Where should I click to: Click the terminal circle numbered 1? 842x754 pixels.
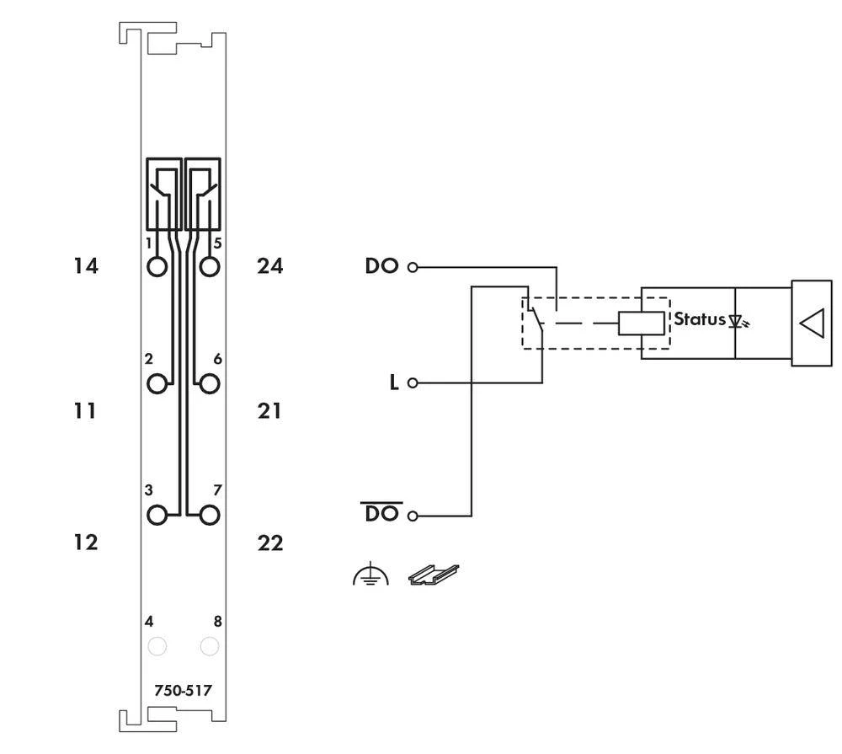tap(157, 267)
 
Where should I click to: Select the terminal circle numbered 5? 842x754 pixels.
tap(210, 267)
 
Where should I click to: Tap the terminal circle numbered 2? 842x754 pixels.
tap(157, 384)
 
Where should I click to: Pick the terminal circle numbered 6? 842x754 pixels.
tap(210, 384)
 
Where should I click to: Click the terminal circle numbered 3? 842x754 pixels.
tap(157, 514)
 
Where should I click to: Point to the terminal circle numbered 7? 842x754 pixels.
tap(210, 514)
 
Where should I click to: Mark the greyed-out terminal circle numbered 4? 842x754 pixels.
tap(157, 646)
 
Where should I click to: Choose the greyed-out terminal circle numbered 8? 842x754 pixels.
tap(210, 646)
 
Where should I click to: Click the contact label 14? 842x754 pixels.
tap(85, 266)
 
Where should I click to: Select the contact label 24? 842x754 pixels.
tap(270, 266)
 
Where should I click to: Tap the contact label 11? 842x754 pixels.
tap(85, 411)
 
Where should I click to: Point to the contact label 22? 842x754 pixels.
tap(270, 543)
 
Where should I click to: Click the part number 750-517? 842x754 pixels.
tap(183, 691)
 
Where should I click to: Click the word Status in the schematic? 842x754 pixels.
tap(699, 320)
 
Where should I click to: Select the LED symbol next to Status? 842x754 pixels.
tap(738, 322)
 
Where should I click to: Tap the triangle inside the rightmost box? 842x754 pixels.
tap(811, 324)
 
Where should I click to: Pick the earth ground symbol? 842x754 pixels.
tap(370, 576)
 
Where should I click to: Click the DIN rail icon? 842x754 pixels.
tap(434, 575)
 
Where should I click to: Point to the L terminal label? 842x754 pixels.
tap(393, 382)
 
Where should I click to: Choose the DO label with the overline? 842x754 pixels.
tap(381, 513)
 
